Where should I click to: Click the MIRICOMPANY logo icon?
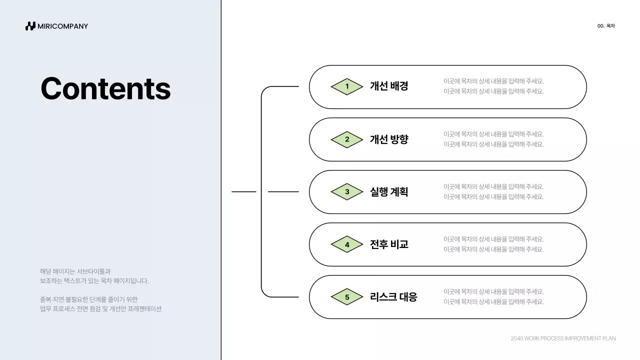(x=30, y=26)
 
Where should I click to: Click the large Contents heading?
(x=105, y=88)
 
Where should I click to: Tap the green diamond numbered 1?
(x=347, y=86)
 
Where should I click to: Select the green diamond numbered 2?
(x=347, y=139)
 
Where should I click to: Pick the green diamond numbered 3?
(x=347, y=191)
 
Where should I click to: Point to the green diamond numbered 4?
(x=347, y=244)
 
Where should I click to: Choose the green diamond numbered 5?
(x=347, y=297)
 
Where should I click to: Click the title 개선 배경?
(x=389, y=86)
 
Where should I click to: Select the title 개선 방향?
(x=389, y=139)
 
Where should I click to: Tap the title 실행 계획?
(x=389, y=191)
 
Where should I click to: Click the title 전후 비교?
(x=389, y=244)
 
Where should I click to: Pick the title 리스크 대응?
(x=393, y=296)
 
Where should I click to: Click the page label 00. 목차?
(x=606, y=26)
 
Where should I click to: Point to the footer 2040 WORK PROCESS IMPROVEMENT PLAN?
(x=563, y=338)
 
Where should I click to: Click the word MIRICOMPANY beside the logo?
(x=63, y=26)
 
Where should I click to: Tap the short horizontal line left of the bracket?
(x=243, y=191)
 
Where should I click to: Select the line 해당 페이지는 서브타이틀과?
(x=75, y=271)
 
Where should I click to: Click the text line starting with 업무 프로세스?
(x=100, y=309)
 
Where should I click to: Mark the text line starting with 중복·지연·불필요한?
(x=88, y=299)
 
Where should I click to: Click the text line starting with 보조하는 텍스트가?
(x=94, y=281)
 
